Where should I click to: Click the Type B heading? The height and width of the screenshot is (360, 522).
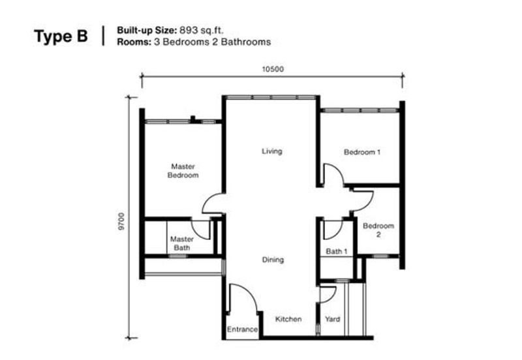61,37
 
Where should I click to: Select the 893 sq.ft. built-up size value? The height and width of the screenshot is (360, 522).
202,30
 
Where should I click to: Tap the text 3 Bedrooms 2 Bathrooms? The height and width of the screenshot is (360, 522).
213,42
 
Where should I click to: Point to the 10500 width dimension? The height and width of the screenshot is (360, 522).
273,69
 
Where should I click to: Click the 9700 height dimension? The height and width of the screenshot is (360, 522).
121,221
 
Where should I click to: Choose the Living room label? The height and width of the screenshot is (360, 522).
271,151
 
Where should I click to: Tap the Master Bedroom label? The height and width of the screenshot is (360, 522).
183,171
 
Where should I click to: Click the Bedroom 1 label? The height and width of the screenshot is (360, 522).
362,152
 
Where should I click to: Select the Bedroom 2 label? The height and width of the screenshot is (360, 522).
378,230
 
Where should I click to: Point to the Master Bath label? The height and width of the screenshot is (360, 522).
182,243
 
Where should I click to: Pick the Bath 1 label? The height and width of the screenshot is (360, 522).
337,251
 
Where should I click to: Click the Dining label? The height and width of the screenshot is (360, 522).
273,260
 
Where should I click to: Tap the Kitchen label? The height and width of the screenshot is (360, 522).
288,319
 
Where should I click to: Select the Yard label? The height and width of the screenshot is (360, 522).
332,319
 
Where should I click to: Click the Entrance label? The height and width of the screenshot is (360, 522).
242,329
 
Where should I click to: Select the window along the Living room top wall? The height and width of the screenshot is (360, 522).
270,97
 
